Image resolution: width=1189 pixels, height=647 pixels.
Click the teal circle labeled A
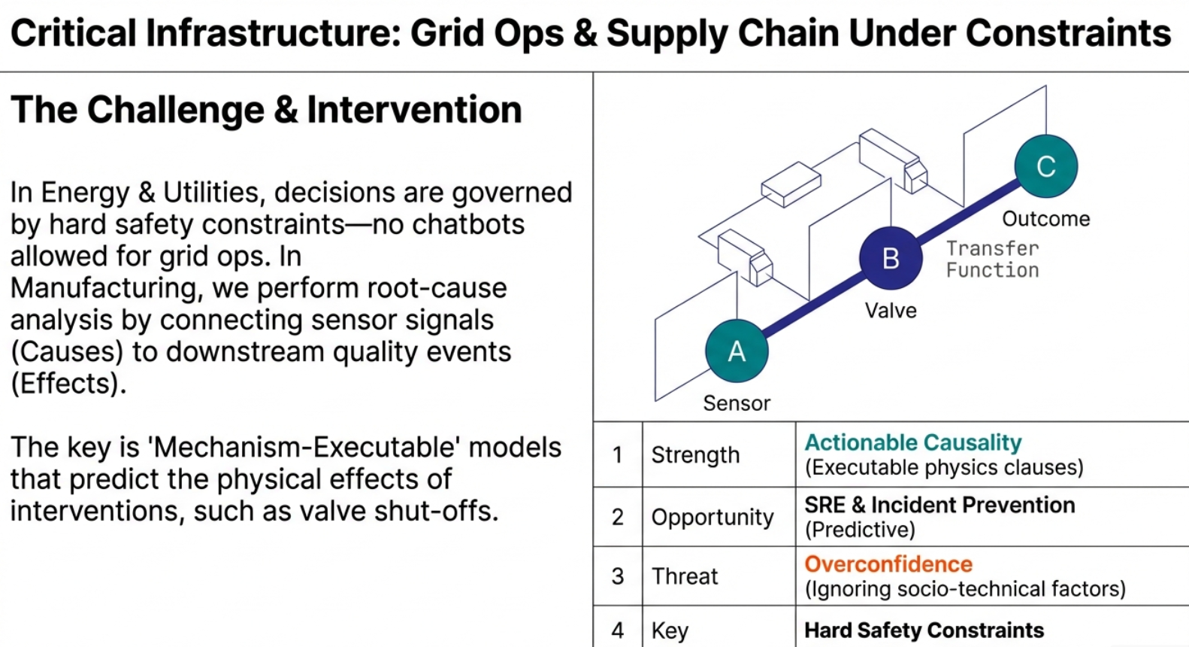tap(737, 351)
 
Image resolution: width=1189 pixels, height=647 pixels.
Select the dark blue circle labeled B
tap(891, 258)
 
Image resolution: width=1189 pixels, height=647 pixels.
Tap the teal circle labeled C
tap(1045, 166)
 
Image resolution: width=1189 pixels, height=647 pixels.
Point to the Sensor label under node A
tap(737, 403)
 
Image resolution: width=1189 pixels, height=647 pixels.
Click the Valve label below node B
tap(891, 311)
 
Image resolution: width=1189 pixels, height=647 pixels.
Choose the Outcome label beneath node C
tap(1045, 219)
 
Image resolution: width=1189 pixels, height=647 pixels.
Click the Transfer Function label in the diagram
tap(992, 259)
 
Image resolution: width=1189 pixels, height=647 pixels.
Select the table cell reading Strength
tap(695, 455)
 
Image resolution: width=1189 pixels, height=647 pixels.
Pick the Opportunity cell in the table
tap(712, 517)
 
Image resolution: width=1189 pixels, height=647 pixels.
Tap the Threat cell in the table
tap(685, 576)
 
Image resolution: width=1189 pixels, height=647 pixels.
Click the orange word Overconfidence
tap(888, 564)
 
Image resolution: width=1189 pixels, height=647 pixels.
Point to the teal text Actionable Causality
tap(913, 442)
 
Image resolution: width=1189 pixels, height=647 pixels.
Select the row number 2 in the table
tap(618, 517)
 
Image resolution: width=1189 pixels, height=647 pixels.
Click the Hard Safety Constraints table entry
tap(924, 630)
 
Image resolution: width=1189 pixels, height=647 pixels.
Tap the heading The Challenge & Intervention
tap(266, 110)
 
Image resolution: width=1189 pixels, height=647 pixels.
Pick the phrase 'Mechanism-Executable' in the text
tap(304, 448)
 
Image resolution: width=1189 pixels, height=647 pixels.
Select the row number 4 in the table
tap(618, 630)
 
